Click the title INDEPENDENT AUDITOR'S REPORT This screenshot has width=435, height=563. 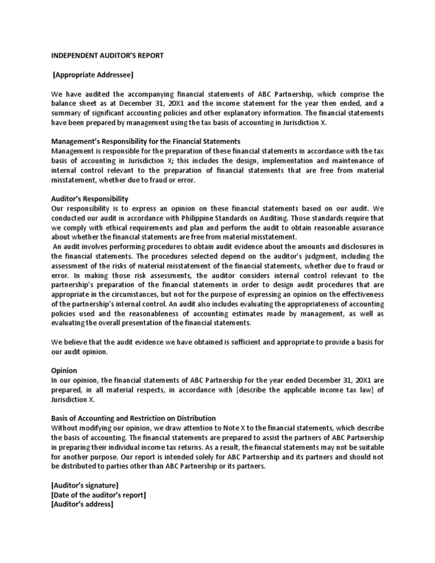pos(107,56)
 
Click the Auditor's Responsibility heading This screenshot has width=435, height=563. pos(89,199)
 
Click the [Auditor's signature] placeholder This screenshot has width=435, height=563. pos(85,485)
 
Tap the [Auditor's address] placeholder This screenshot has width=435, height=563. pos(82,505)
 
